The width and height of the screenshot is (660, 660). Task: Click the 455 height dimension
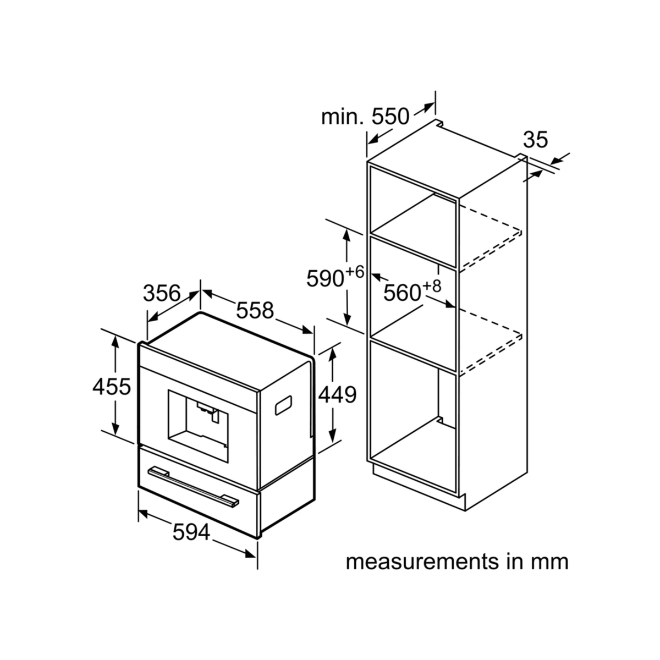coord(112,387)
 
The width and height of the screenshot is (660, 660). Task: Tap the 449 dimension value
coord(337,394)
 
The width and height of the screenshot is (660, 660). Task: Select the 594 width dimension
coord(191,532)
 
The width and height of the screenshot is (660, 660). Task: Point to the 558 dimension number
coord(255,310)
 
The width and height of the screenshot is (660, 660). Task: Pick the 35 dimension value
coord(536,140)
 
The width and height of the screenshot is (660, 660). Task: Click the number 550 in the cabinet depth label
coord(391,117)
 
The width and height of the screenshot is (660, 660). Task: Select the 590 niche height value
coord(326,278)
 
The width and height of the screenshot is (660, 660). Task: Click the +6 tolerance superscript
coord(355,272)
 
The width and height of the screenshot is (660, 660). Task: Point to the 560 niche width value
coord(402,293)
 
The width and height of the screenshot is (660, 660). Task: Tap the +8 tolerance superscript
coord(432,287)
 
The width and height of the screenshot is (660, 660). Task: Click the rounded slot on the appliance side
coord(283,405)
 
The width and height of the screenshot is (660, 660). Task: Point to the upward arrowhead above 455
coord(116,342)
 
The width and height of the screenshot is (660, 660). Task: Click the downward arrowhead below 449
coord(332,437)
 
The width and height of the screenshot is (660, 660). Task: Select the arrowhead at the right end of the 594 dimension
coord(250,554)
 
